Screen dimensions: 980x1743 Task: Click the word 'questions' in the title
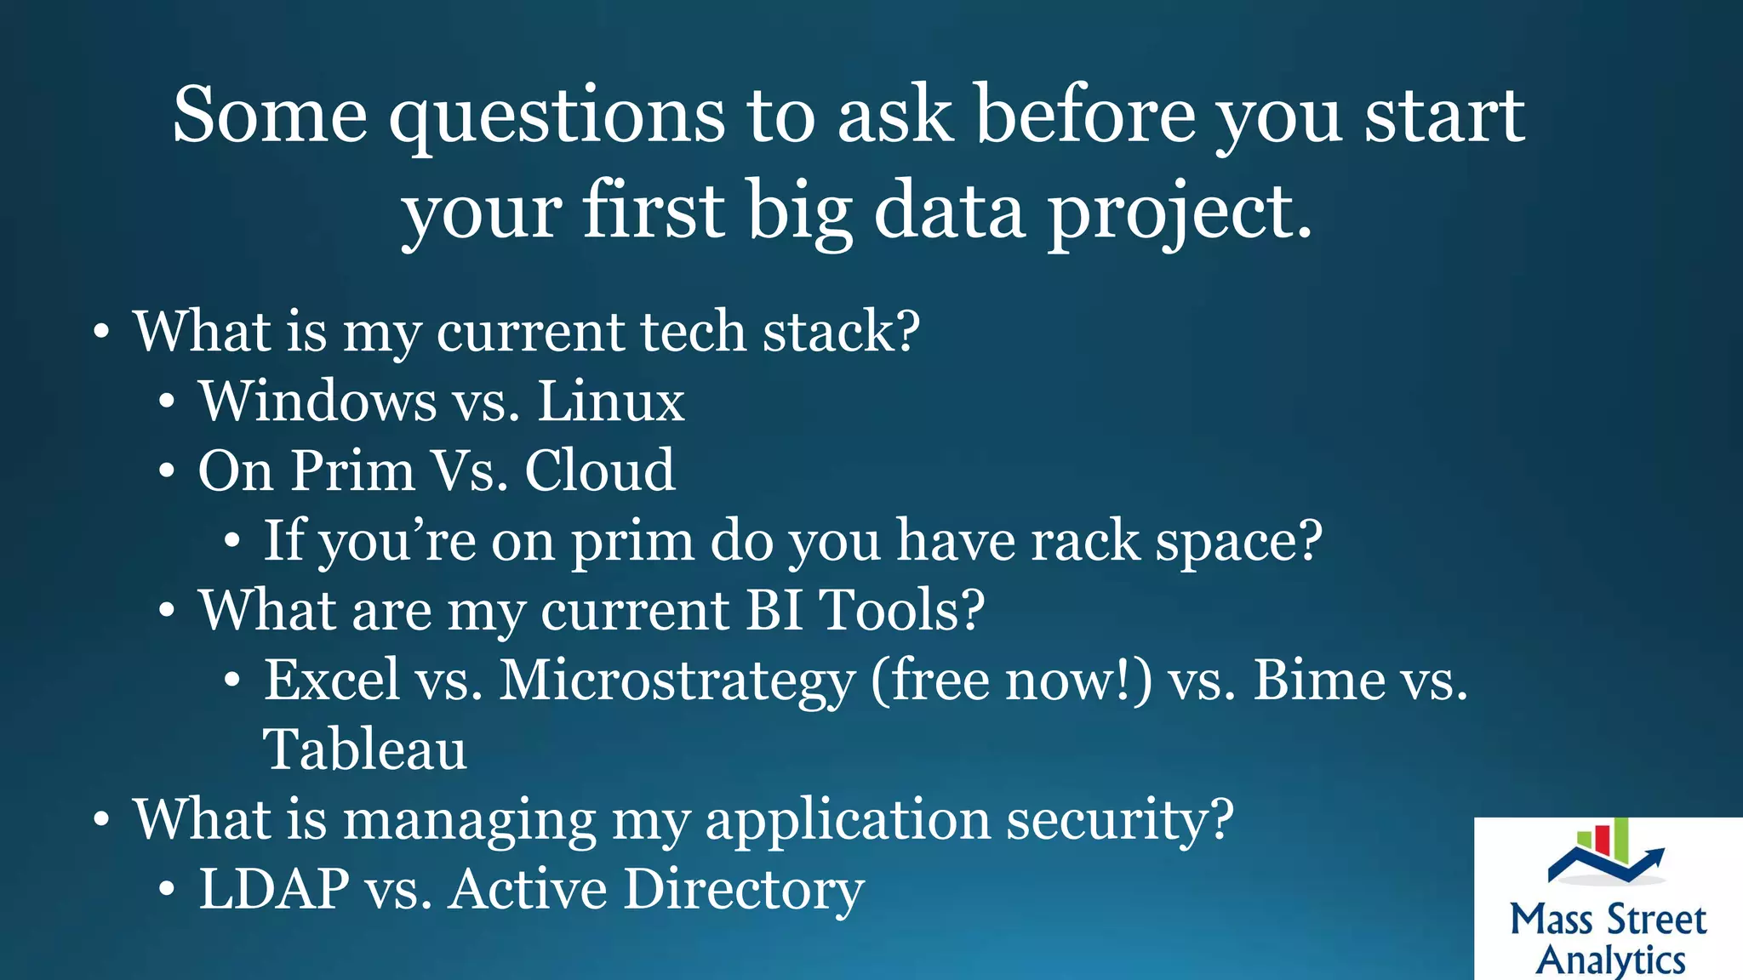click(x=557, y=117)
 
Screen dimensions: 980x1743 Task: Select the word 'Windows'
click(x=317, y=401)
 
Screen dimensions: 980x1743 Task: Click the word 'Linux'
click(x=610, y=401)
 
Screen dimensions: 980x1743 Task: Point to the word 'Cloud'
click(x=599, y=470)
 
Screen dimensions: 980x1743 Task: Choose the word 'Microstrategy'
click(x=677, y=681)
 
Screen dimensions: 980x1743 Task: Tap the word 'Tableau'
click(x=365, y=750)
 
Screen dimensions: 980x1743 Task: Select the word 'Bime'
click(x=1319, y=681)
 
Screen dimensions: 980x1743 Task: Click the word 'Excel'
click(x=331, y=681)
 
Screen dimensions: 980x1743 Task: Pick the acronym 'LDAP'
click(x=273, y=889)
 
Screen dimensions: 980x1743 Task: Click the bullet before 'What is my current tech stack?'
click(x=101, y=333)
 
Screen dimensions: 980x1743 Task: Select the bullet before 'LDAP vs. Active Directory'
click(x=168, y=891)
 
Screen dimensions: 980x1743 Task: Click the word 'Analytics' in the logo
click(x=1610, y=960)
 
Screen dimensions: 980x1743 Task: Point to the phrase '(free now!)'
click(x=1011, y=681)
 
